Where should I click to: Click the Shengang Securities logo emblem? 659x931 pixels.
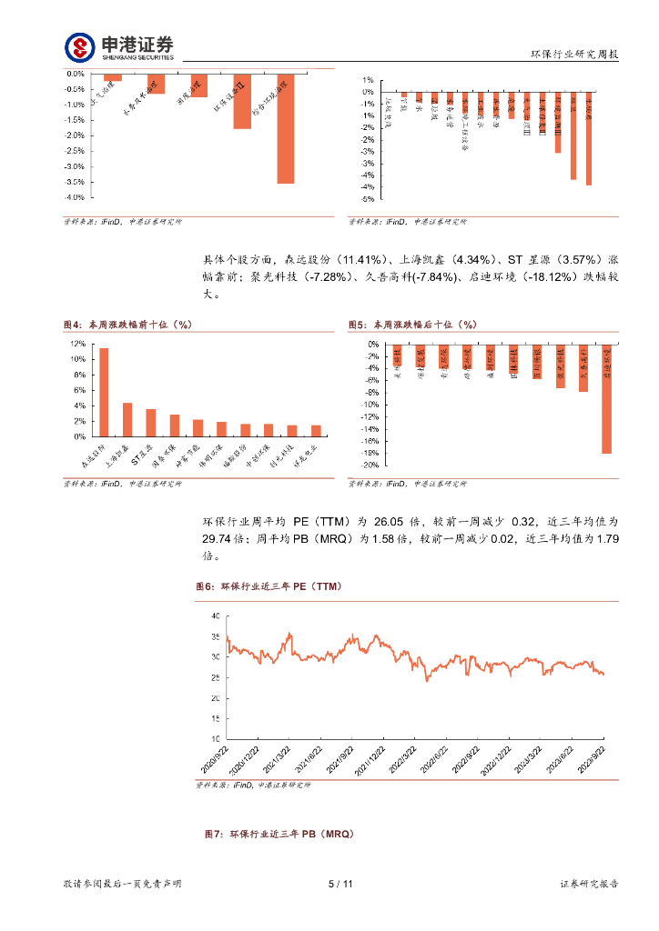tap(79, 46)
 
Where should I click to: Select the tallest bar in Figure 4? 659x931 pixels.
tap(104, 392)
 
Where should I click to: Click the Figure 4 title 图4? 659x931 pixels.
tap(72, 325)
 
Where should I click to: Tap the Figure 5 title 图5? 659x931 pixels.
tap(358, 325)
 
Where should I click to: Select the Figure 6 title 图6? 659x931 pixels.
tap(205, 587)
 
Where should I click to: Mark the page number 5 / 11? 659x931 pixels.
tap(340, 884)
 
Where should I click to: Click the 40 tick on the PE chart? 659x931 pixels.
tap(215, 616)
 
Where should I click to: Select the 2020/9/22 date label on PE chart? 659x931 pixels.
tap(219, 756)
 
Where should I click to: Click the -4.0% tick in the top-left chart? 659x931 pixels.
tap(76, 197)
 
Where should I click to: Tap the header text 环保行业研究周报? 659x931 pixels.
tap(574, 55)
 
